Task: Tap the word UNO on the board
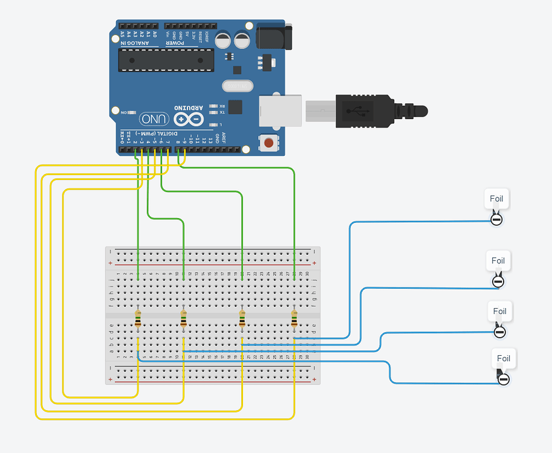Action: pyautogui.click(x=154, y=118)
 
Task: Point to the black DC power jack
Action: pyautogui.click(x=273, y=36)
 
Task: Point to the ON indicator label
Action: pyautogui.click(x=125, y=112)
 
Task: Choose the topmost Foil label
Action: pyautogui.click(x=496, y=198)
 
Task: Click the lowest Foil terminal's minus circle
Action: pyautogui.click(x=504, y=379)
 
